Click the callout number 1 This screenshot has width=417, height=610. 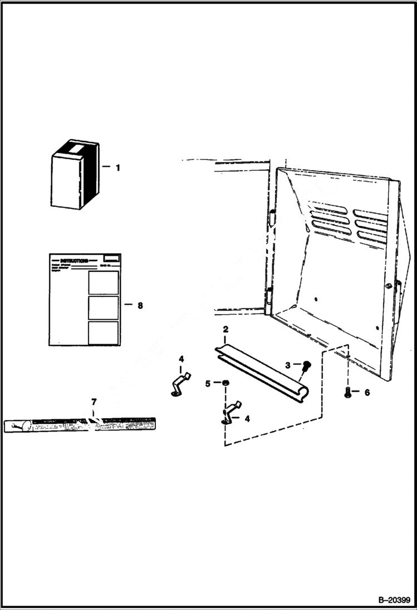coord(117,167)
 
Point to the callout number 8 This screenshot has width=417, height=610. coord(140,305)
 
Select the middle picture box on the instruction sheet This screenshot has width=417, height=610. coord(103,308)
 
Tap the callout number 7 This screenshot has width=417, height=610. coord(94,401)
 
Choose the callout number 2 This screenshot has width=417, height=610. coord(225,330)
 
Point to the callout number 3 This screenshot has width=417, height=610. coord(288,365)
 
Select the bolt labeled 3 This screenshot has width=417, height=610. coord(306,367)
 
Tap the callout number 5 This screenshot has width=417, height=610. coord(208,383)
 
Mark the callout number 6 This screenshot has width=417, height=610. coord(366,392)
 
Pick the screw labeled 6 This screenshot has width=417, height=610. coord(348,392)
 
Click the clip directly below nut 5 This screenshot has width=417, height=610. coord(232,412)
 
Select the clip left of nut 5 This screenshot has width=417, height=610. coord(180,384)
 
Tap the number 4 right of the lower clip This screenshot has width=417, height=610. coord(247,418)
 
